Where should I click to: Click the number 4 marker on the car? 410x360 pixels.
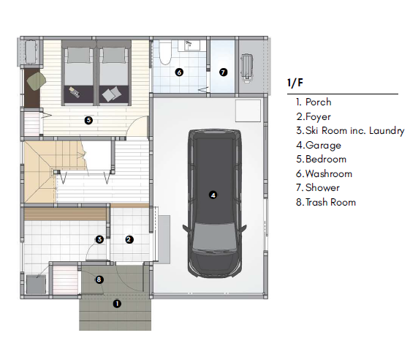[213, 195]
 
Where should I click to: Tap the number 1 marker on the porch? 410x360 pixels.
[117, 304]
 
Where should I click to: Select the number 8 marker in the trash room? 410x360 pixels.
[99, 280]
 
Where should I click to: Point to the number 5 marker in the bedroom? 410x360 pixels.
[88, 120]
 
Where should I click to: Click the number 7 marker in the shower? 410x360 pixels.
[223, 72]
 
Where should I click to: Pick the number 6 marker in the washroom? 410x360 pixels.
[179, 72]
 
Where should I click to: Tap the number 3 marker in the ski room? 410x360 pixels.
[99, 239]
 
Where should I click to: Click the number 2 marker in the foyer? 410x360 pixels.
[129, 239]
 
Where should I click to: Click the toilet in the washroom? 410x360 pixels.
[165, 53]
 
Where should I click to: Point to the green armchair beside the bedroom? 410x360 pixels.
[37, 81]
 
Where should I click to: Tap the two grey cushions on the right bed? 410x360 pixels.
[112, 94]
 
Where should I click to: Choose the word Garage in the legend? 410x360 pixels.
[323, 145]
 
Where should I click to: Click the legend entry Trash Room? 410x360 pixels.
[326, 202]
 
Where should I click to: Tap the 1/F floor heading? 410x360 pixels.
[295, 83]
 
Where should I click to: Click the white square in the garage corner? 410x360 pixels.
[248, 110]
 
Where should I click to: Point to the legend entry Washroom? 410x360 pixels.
[324, 173]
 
